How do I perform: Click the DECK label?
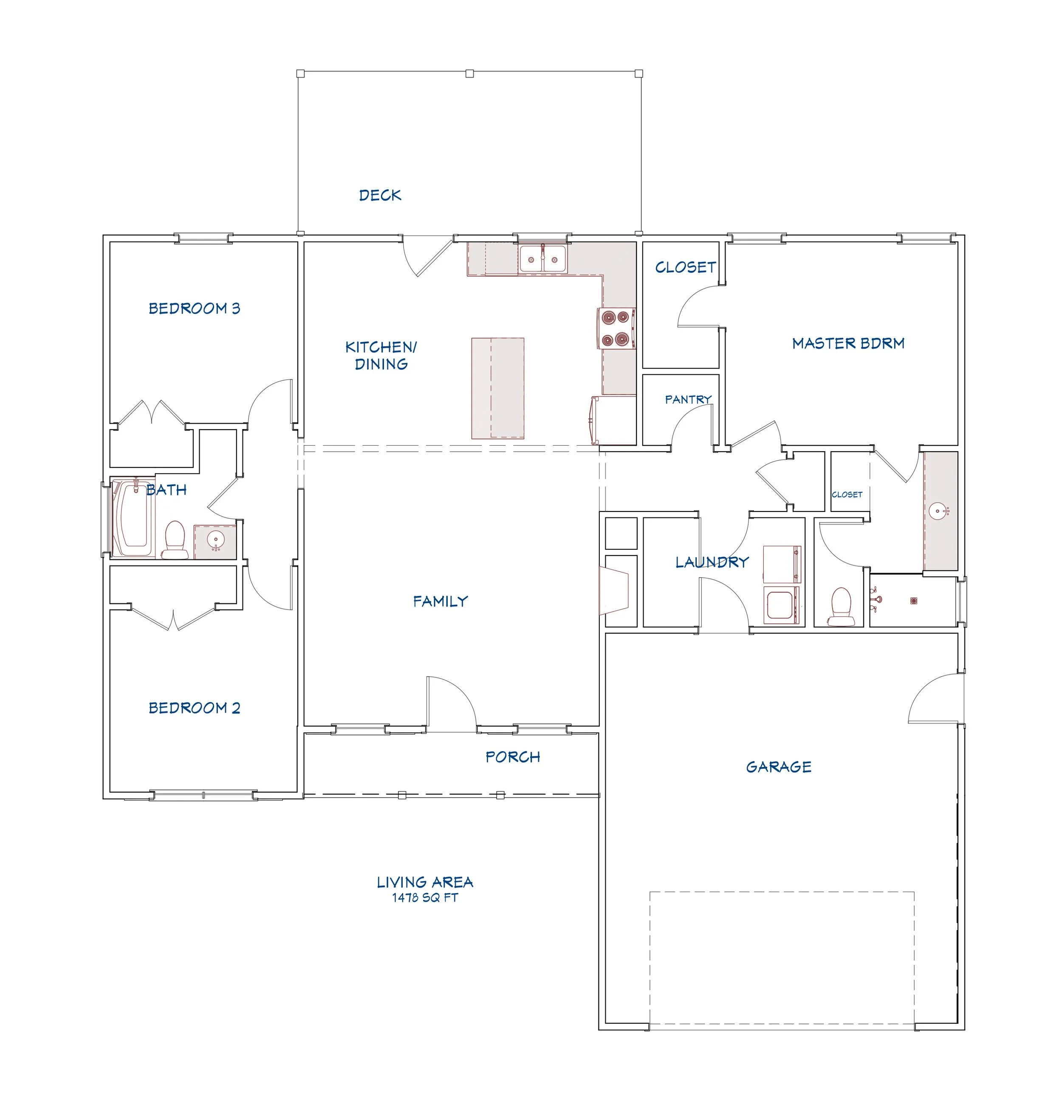click(x=380, y=195)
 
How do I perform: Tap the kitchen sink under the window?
click(x=542, y=260)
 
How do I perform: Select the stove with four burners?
click(x=616, y=328)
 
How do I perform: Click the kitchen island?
click(x=497, y=388)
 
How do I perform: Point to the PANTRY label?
click(x=687, y=400)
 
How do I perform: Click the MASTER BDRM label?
click(x=848, y=343)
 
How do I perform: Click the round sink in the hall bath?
click(x=215, y=541)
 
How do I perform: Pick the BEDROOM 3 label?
click(x=194, y=309)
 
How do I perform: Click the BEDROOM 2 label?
click(x=194, y=708)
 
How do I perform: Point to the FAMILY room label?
click(x=440, y=601)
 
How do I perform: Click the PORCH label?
click(x=513, y=757)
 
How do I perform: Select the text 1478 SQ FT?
click(x=425, y=897)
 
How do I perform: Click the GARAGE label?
click(x=778, y=767)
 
